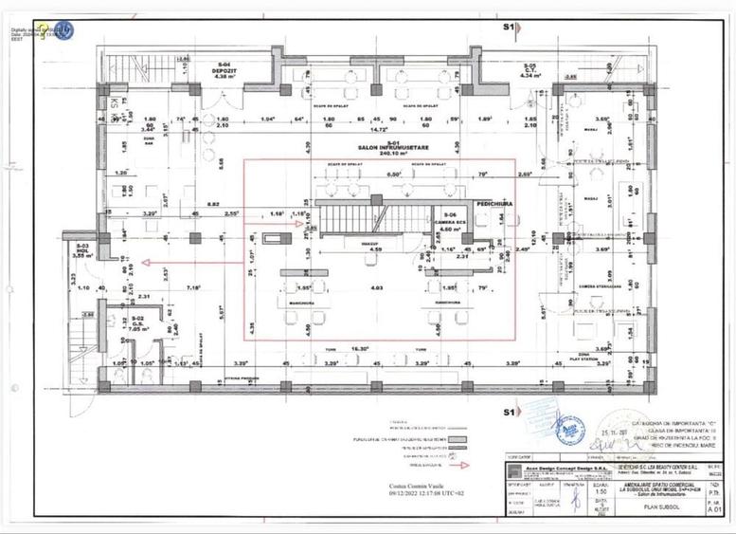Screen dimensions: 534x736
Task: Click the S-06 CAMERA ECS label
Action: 449,222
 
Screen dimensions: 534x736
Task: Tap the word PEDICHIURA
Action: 494,204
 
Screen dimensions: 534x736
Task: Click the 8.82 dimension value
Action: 213,204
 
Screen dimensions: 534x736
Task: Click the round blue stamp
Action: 568,431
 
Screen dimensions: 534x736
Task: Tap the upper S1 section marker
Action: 509,28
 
